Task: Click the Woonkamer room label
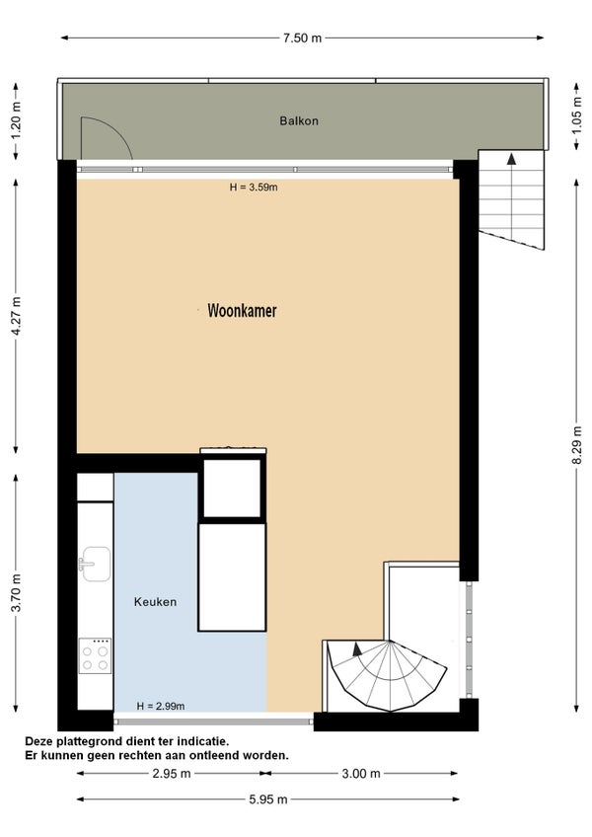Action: tap(242, 310)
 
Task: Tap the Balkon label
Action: tap(299, 120)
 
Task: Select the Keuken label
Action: tap(155, 602)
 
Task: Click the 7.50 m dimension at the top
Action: tap(302, 38)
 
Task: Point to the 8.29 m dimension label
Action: tap(577, 445)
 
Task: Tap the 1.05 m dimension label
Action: tap(577, 115)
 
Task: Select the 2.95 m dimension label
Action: tap(172, 773)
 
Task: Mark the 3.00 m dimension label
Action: tap(361, 773)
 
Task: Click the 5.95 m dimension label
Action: tap(268, 799)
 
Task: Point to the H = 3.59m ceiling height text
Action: tap(254, 188)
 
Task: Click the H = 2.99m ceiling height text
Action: tap(161, 707)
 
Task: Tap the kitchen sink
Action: tap(95, 564)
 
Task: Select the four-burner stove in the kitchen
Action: tap(95, 655)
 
